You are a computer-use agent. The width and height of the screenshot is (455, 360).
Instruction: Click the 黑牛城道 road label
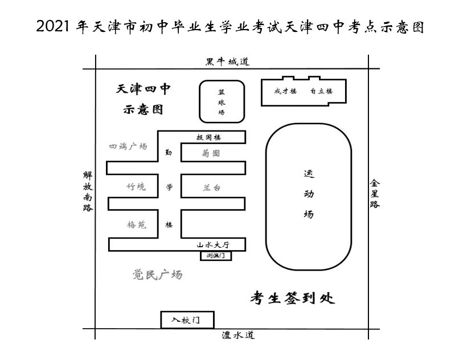[x=228, y=62]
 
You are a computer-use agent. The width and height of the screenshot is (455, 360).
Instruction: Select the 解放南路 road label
[x=88, y=191]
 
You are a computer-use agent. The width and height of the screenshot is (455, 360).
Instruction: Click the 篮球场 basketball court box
[x=222, y=101]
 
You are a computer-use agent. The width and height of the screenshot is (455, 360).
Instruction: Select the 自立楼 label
[x=321, y=91]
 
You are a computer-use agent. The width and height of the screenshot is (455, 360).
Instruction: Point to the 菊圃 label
[x=211, y=154]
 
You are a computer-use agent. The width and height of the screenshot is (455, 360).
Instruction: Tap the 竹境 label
[x=136, y=187]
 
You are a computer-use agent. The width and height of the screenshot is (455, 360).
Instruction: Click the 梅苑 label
[x=136, y=225]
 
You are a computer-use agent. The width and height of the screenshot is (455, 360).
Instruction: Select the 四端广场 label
[x=128, y=147]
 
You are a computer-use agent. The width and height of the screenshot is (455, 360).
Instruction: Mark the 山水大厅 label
[x=212, y=244]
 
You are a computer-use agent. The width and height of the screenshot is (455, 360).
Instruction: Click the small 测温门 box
[x=216, y=256]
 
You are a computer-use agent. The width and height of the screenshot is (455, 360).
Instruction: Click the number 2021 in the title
[x=54, y=27]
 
